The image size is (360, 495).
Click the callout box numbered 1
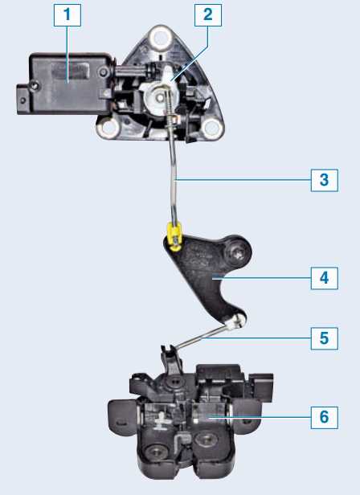point(67,14)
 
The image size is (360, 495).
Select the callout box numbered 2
point(208,14)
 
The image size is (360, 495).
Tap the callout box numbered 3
point(325,180)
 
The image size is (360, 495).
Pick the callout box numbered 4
point(325,278)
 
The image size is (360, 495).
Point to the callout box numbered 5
point(325,338)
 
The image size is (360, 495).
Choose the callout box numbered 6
point(325,417)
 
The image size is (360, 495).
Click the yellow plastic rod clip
point(174,235)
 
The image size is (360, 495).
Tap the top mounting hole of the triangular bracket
point(161,37)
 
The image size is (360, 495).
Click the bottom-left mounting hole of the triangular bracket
point(108,128)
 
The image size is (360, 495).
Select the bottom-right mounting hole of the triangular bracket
point(212,128)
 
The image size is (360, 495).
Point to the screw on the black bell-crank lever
point(238,252)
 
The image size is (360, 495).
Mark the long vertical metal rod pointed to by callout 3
point(174,180)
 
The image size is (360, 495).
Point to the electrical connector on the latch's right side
point(261,387)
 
